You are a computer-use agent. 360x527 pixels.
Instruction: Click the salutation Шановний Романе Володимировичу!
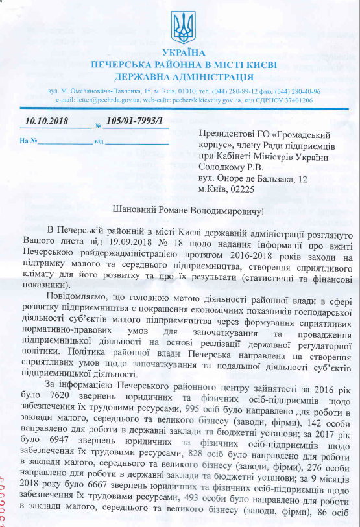click(180, 211)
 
